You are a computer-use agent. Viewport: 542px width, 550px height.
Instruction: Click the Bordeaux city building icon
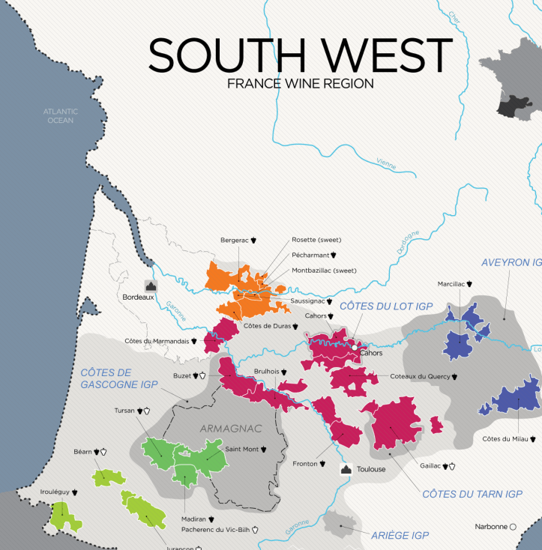(150, 285)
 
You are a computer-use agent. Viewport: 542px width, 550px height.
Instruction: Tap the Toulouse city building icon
(346, 469)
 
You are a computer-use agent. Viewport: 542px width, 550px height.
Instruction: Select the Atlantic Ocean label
(61, 115)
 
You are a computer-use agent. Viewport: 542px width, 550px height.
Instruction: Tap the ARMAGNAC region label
(230, 429)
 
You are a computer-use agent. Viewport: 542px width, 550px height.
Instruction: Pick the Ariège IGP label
(400, 535)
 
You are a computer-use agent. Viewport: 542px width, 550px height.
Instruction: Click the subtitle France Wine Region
(300, 84)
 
